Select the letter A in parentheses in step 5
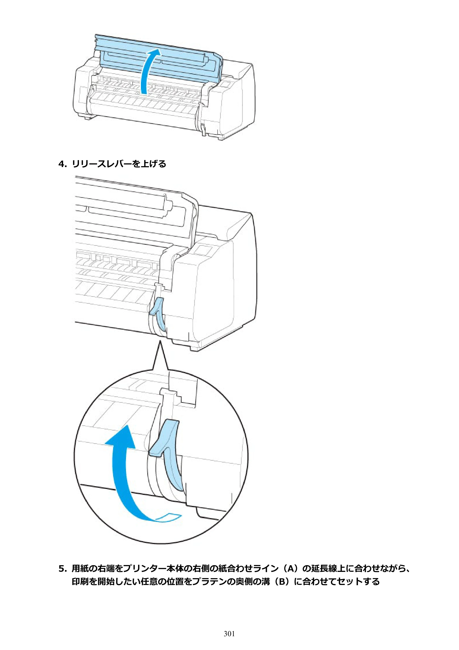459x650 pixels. tap(289, 569)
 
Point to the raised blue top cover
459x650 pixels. tap(158, 60)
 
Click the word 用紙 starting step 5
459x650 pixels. tap(80, 569)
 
